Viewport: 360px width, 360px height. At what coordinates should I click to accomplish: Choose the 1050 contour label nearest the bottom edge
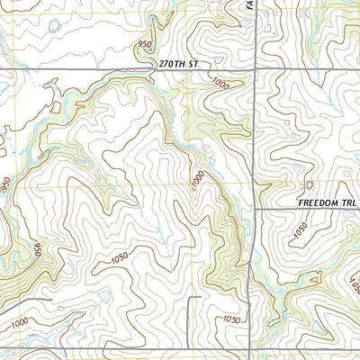pos(232,319)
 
